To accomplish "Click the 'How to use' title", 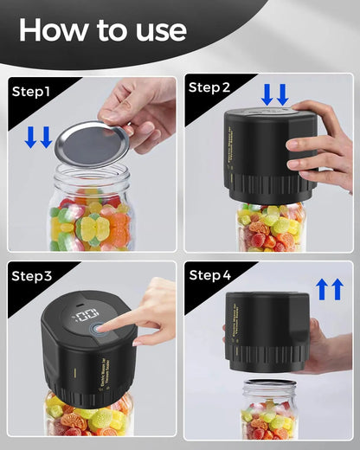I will pyautogui.click(x=102, y=30).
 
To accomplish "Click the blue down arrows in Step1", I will pyautogui.click(x=38, y=137).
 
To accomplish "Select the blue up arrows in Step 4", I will pyautogui.click(x=329, y=289).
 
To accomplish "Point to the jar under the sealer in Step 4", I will pyautogui.click(x=270, y=412).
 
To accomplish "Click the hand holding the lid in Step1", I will pyautogui.click(x=143, y=108).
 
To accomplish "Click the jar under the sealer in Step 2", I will pyautogui.click(x=270, y=227).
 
